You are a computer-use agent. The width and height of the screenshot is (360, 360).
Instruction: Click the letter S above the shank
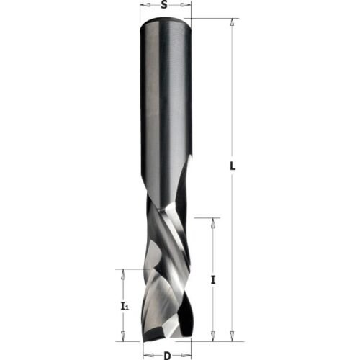(x=165, y=6)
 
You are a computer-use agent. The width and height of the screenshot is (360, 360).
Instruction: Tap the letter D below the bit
(x=166, y=355)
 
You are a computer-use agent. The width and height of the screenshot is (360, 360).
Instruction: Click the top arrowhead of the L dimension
(x=231, y=23)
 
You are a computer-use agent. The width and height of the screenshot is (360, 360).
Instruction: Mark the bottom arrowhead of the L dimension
(x=231, y=334)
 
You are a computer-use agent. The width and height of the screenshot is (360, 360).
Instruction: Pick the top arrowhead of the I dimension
(x=212, y=222)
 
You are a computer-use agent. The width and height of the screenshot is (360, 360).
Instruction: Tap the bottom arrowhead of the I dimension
(x=212, y=334)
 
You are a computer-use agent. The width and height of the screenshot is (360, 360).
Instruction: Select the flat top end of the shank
(x=166, y=20)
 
